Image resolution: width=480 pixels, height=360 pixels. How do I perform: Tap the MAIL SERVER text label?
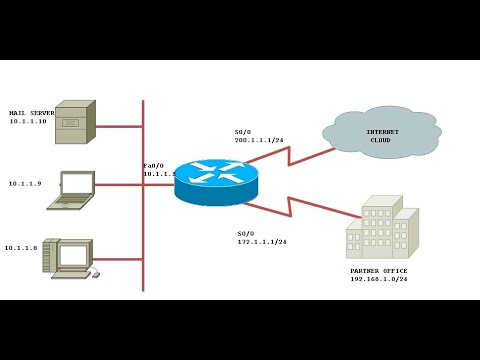[31, 113]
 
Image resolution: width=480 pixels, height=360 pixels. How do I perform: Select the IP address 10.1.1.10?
[28, 122]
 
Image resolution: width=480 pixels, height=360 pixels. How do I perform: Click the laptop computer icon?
[73, 190]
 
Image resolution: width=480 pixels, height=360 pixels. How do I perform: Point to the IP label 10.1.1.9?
[24, 183]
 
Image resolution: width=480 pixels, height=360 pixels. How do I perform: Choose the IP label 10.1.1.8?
[20, 247]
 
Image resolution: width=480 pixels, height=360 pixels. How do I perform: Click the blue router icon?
[216, 181]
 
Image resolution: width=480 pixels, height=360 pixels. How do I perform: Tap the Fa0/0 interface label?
[153, 165]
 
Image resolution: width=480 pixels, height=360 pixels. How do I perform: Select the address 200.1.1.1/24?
[260, 141]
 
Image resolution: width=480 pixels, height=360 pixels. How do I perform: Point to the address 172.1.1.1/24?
[262, 242]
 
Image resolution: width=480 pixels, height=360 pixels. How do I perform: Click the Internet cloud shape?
[381, 132]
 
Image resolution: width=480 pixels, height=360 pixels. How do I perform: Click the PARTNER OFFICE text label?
[378, 271]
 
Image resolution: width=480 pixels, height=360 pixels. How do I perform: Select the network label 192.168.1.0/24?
[378, 280]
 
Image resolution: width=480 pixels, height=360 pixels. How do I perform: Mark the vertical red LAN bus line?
[143, 220]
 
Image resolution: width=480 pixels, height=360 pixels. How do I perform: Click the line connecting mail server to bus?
[119, 127]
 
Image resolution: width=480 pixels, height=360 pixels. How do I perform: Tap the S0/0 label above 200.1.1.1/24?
[243, 132]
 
